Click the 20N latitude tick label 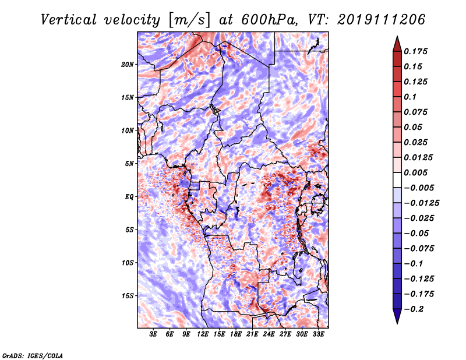[128, 65]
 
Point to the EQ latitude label [129, 197]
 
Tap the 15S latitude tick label [128, 296]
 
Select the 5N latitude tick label [129, 164]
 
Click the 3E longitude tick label [153, 334]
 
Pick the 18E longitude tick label [236, 334]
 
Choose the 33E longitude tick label [318, 334]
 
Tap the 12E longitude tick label [203, 334]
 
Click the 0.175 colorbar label [415, 51]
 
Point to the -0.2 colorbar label [414, 309]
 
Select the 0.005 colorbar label [415, 172]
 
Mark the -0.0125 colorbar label [421, 203]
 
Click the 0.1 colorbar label [410, 97]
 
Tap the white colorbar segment [397, 180]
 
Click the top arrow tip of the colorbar [397, 36]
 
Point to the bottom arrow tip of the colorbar [397, 323]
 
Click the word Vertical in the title [69, 20]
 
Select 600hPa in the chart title [268, 20]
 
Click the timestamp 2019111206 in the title [382, 20]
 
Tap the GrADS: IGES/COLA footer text [33, 355]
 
